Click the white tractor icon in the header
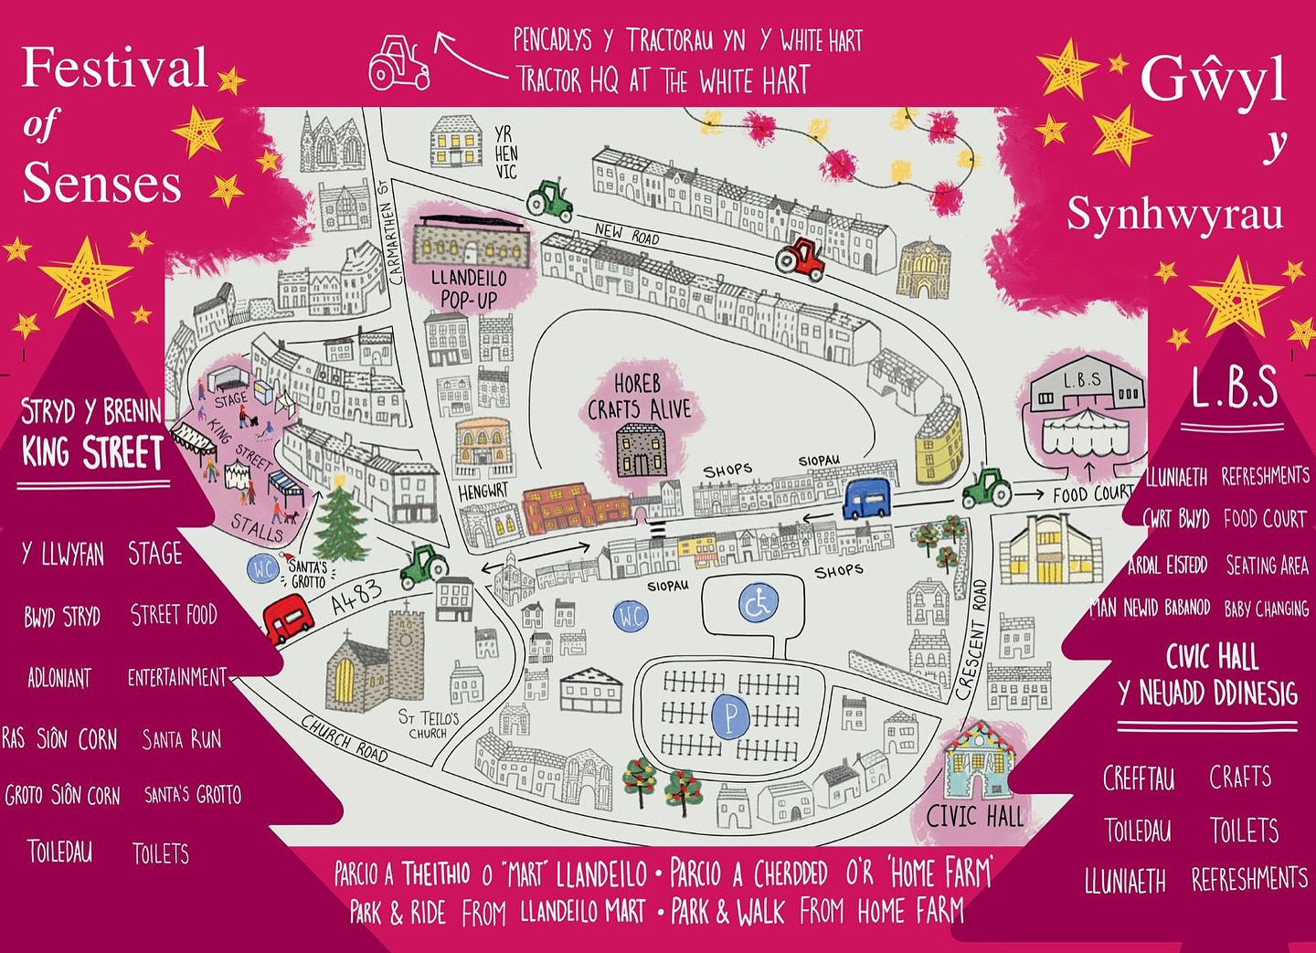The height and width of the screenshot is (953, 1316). (x=398, y=63)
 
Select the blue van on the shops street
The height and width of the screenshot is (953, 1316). (x=866, y=499)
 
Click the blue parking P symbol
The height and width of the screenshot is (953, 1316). (x=730, y=717)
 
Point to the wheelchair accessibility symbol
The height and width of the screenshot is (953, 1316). (x=759, y=603)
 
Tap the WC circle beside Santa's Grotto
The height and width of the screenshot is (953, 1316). (x=263, y=569)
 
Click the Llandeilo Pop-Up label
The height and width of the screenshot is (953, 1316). (x=469, y=288)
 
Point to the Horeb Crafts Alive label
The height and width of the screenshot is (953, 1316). (x=639, y=397)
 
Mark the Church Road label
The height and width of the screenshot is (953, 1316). (x=345, y=737)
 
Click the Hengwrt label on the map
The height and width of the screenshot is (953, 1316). (x=483, y=491)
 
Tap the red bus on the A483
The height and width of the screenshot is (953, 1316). (x=288, y=619)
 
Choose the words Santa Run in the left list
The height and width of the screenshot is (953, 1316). (x=181, y=738)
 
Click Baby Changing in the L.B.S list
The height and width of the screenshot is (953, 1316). (x=1266, y=609)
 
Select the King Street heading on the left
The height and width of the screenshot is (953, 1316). (x=92, y=452)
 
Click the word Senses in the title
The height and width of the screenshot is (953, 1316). (x=101, y=183)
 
